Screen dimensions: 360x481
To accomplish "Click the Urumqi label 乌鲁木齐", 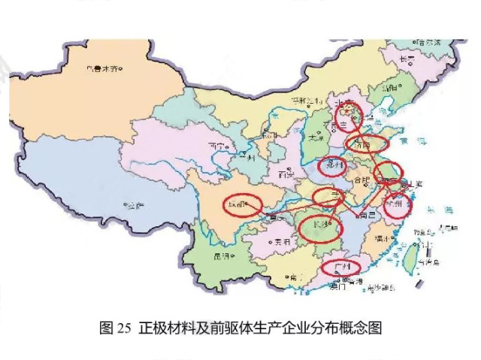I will [103, 69].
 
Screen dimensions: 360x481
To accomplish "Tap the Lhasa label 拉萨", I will [135, 204].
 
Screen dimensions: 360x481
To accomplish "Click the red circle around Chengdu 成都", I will [242, 204].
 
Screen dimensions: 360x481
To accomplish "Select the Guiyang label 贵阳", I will [282, 242].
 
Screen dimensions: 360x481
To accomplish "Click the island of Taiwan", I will [413, 256].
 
